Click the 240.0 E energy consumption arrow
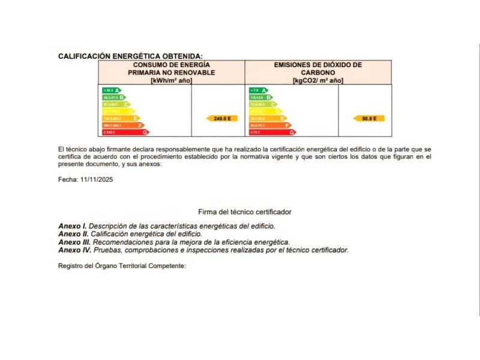click(222, 119)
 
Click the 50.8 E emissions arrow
click(369, 119)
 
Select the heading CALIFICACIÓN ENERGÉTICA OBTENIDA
click(130, 56)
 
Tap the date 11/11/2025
click(97, 179)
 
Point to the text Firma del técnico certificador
click(245, 212)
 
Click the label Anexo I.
click(73, 226)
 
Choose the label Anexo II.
click(73, 234)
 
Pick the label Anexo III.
click(74, 242)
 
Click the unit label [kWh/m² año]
click(171, 80)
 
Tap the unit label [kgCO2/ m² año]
click(318, 80)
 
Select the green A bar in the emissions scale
click(258, 90)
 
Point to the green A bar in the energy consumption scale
click(112, 90)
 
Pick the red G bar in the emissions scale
click(272, 132)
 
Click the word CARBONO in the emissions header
click(318, 73)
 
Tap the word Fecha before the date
click(68, 179)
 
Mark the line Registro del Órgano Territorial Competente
click(122, 266)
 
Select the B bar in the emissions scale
click(261, 97)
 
